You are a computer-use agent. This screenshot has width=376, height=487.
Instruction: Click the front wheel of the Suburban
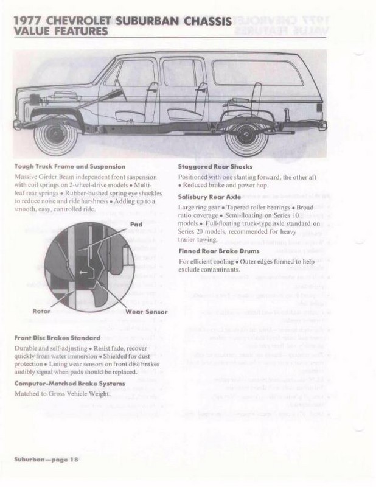click(57, 135)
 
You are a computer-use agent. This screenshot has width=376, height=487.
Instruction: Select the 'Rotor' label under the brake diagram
click(41, 311)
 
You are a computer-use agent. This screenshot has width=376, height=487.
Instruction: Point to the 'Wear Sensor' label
click(146, 311)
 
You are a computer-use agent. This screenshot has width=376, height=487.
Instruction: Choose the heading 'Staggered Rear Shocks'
click(215, 166)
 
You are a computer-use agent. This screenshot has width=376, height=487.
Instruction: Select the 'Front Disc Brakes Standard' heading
click(57, 337)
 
